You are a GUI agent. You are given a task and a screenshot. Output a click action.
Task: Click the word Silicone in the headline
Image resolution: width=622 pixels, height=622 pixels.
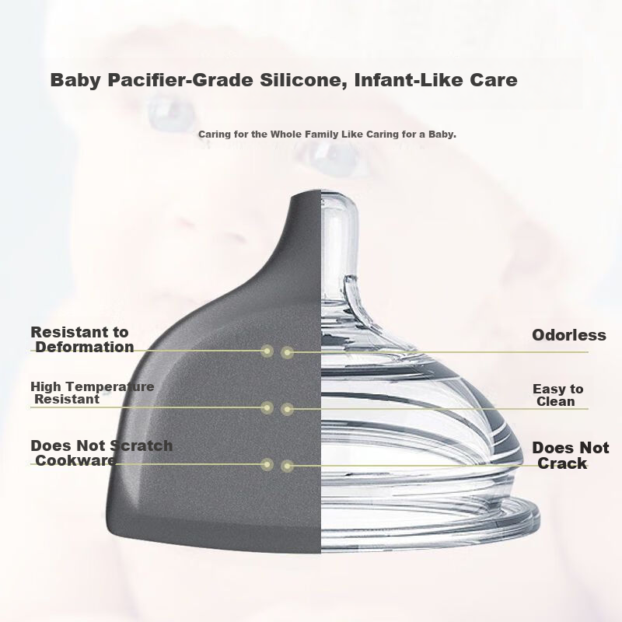[303, 80]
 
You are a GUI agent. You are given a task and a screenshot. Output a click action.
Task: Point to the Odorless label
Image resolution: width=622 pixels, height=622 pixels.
[569, 335]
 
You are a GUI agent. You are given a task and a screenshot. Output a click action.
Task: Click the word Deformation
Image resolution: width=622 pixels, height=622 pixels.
[85, 347]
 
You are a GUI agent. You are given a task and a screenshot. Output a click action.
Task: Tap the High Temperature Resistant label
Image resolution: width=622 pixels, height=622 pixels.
[92, 393]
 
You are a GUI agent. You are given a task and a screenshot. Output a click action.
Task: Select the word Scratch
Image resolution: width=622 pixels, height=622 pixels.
[141, 446]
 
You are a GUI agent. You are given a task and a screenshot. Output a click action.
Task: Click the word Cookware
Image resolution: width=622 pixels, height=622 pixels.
[75, 460]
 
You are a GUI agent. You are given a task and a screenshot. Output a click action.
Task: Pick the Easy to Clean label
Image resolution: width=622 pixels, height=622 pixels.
[557, 395]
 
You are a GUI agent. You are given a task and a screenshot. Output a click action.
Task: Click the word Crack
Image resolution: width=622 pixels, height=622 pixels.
[562, 463]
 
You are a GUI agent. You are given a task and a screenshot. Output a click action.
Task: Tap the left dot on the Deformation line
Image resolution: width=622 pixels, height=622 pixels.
[267, 351]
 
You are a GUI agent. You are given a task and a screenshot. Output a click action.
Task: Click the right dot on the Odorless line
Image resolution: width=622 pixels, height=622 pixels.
[287, 352]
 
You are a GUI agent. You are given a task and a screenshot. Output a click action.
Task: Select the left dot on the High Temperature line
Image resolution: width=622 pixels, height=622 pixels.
[267, 407]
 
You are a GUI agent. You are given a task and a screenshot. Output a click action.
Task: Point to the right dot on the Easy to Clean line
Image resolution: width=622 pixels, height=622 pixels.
[287, 409]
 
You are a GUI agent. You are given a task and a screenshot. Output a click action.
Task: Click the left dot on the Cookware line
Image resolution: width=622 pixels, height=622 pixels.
[267, 464]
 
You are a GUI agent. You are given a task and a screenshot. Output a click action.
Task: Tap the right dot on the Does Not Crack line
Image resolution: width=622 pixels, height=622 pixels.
[287, 466]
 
